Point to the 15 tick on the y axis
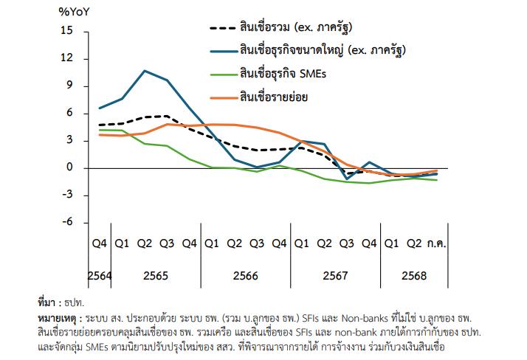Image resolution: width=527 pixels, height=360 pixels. tap(68, 31)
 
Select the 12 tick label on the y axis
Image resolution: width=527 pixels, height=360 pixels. tap(68, 58)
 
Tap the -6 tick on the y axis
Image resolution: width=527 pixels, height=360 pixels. tap(68, 222)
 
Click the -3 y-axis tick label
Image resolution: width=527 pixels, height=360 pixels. tap(68, 195)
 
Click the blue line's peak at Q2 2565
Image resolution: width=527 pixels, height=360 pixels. tap(144, 71)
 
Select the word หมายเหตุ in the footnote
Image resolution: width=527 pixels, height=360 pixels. tap(58, 316)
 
